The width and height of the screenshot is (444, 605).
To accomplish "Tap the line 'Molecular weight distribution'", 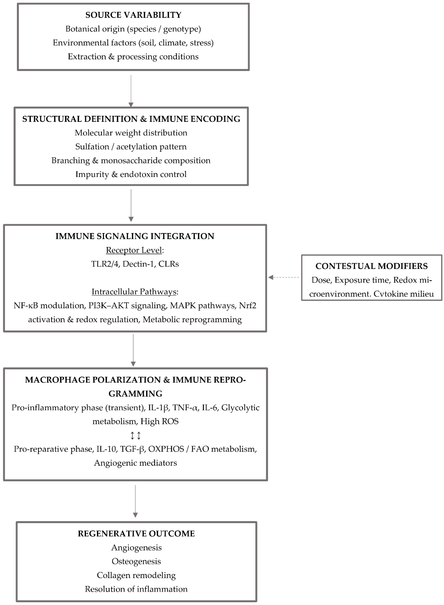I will (x=131, y=133).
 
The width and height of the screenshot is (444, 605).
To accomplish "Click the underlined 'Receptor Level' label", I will (x=134, y=250).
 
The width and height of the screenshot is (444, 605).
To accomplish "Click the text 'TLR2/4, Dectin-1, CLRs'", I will (x=135, y=264).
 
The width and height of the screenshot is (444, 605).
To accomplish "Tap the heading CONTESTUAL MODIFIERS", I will (x=371, y=266).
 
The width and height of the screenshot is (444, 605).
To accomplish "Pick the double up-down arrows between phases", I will (x=135, y=435).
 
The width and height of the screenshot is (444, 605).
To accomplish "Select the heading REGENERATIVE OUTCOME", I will (x=136, y=533).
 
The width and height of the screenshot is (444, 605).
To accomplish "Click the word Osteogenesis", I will (x=136, y=561).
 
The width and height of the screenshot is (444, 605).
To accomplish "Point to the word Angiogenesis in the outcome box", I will (x=136, y=547).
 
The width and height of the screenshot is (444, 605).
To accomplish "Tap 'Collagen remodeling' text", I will (x=136, y=575).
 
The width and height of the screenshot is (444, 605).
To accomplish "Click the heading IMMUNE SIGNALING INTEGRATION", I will (x=135, y=236).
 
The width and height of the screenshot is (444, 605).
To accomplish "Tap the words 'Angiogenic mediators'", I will (x=135, y=463).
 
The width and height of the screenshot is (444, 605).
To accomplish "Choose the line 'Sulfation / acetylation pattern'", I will (x=131, y=147).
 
